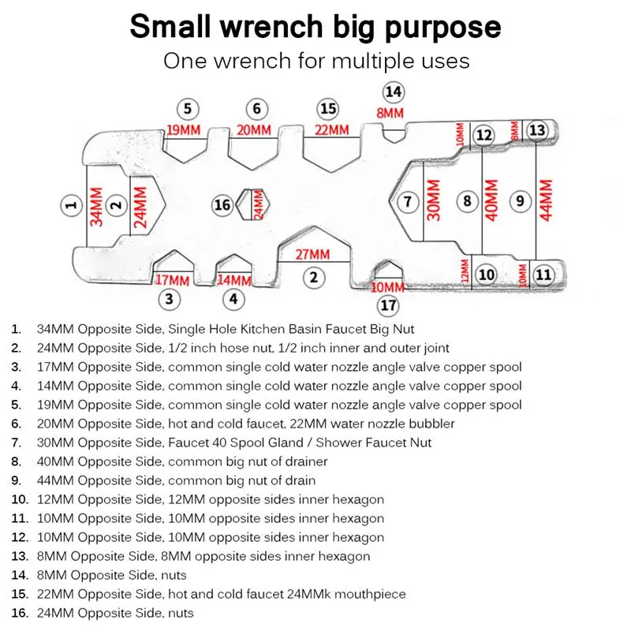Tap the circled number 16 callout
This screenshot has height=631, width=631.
pyautogui.click(x=222, y=205)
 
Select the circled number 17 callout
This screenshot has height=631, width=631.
pyautogui.click(x=388, y=305)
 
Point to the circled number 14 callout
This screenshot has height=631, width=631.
pyautogui.click(x=393, y=91)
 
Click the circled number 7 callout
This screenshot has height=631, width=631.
pyautogui.click(x=407, y=202)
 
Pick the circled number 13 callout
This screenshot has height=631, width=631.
pyautogui.click(x=537, y=130)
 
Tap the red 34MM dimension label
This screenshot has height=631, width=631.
pyautogui.click(x=96, y=207)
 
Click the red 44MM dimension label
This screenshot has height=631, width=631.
pyautogui.click(x=544, y=201)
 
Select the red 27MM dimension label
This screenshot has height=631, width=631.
pyautogui.click(x=313, y=255)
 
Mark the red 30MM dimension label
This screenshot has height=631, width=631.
pyautogui.click(x=433, y=201)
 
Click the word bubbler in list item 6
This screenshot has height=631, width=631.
pyautogui.click(x=433, y=424)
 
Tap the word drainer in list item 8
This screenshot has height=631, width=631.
pyautogui.click(x=304, y=461)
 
